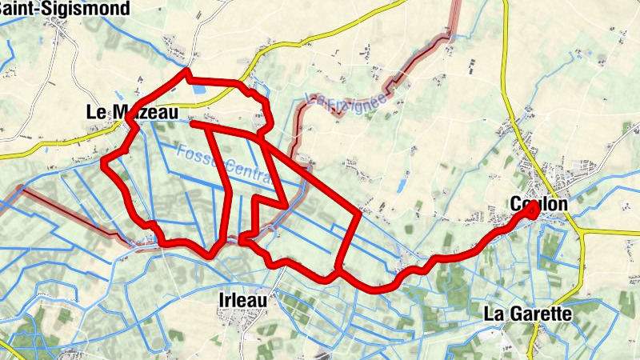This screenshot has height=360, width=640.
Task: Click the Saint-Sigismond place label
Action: pos(75,8)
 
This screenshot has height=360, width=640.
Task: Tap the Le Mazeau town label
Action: pos(131,114)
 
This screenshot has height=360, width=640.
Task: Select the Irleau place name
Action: pos(242,299)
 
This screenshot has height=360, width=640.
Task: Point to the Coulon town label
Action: pos(538,205)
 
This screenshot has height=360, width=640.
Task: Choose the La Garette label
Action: pos(528,314)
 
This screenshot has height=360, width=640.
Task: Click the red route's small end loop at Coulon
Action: pos(531,207)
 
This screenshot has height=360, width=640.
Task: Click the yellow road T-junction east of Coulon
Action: pos(578,230)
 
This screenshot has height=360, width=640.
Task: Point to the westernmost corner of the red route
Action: pos(102,163)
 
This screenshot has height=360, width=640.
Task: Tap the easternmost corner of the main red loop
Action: pos(358,214)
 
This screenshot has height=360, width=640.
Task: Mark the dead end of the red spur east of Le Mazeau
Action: pos(194,123)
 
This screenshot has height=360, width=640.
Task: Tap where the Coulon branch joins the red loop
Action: pos(338,270)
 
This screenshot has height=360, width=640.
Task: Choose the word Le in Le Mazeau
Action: pos(95,114)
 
